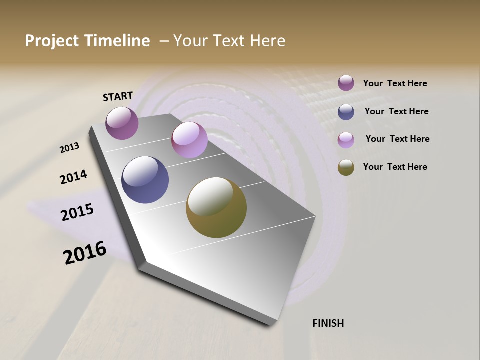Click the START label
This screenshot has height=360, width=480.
[x=118, y=96]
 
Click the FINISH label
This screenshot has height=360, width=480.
[x=328, y=323]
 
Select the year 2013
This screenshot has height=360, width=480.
[x=69, y=148]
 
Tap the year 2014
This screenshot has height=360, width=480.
[x=73, y=177]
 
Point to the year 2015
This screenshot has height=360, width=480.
[x=77, y=212]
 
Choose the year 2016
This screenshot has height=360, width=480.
[x=85, y=253]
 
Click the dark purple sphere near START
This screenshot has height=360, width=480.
[x=122, y=123]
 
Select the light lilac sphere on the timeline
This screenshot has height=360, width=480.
[x=189, y=140]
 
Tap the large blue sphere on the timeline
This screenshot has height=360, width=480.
[x=145, y=180]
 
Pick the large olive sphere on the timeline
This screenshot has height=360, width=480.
[x=216, y=207]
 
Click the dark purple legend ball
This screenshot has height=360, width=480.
[x=346, y=83]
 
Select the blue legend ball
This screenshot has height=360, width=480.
[x=346, y=112]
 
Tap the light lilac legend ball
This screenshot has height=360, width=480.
[x=346, y=140]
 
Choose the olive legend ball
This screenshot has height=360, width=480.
[x=346, y=167]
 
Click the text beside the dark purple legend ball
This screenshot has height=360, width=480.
[x=395, y=84]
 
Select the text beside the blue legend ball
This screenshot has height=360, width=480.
[x=396, y=111]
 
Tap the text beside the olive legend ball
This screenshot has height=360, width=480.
[x=395, y=167]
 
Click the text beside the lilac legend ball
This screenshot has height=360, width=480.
[x=397, y=139]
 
